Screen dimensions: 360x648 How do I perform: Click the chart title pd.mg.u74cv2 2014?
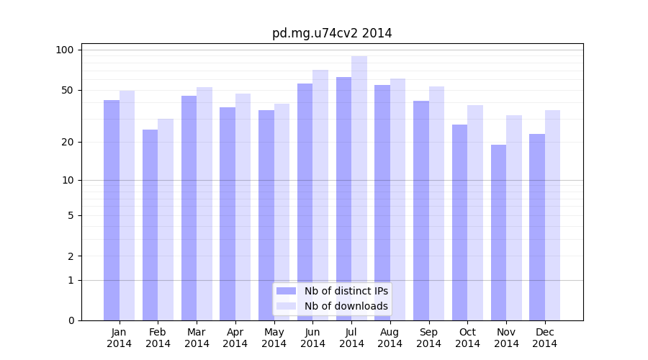pyautogui.click(x=332, y=33)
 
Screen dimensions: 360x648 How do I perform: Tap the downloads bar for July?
pyautogui.click(x=359, y=188)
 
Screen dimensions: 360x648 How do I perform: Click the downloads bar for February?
pyautogui.click(x=166, y=220)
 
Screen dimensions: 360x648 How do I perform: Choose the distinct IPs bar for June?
pyautogui.click(x=305, y=202)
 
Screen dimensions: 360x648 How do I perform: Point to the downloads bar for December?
pyautogui.click(x=552, y=215)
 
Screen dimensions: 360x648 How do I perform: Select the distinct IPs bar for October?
pyautogui.click(x=459, y=222)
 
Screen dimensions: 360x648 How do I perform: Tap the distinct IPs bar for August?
pyautogui.click(x=382, y=202)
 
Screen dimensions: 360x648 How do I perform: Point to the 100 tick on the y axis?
pyautogui.click(x=65, y=50)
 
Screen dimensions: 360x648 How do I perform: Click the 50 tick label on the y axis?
pyautogui.click(x=67, y=90)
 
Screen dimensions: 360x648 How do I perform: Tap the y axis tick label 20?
pyautogui.click(x=67, y=142)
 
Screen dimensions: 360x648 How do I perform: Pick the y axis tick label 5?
pyautogui.click(x=70, y=215)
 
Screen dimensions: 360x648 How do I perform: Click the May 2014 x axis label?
pyautogui.click(x=274, y=338)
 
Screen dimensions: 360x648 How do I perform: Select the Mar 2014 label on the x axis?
pyautogui.click(x=197, y=338)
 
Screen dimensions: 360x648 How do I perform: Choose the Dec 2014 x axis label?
pyautogui.click(x=545, y=338)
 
